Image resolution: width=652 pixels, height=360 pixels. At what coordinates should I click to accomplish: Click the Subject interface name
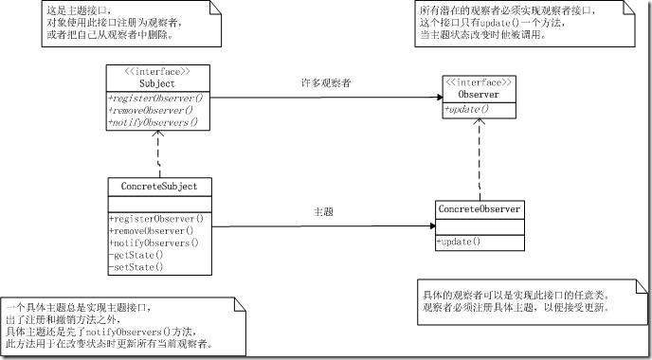coord(156,83)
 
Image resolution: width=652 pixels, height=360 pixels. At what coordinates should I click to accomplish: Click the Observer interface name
coord(479,95)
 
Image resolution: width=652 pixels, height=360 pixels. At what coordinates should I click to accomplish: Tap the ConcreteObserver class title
coord(479,208)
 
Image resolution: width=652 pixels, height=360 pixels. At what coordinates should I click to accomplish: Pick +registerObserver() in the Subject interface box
coord(156,98)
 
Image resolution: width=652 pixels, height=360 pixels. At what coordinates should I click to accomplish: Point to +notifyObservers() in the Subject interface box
coord(154,122)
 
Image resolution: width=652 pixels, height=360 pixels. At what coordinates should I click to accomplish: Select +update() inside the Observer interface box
coord(466,110)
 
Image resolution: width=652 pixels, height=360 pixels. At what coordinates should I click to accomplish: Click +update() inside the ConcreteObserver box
coord(459,243)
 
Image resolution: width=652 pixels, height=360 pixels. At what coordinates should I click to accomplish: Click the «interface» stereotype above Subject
coord(156,71)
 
